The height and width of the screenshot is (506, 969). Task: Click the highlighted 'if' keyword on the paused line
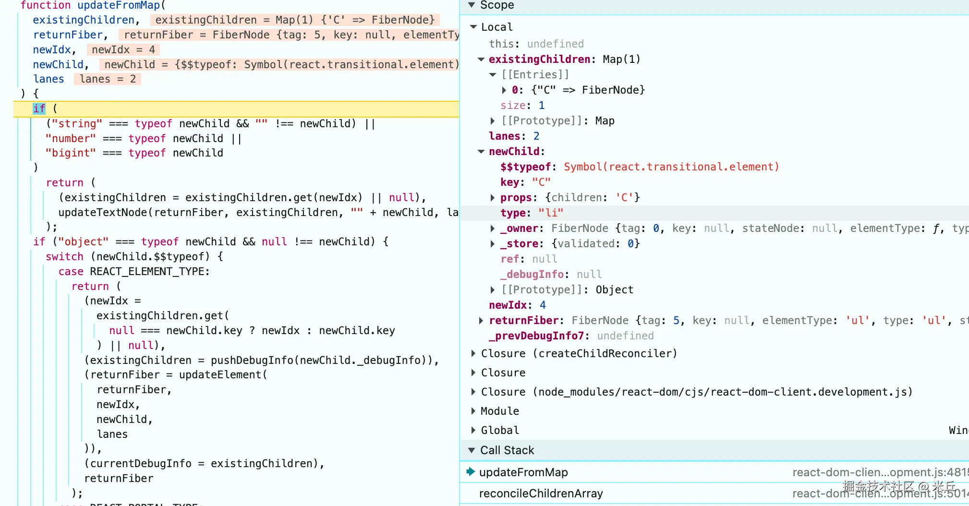pyautogui.click(x=39, y=109)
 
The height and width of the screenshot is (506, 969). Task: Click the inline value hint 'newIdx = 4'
pyautogui.click(x=123, y=49)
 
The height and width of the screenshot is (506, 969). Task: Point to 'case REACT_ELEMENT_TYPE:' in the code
pyautogui.click(x=134, y=271)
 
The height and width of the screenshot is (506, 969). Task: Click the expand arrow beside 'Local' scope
pyautogui.click(x=473, y=27)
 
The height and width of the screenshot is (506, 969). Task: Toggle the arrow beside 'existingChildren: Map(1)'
pyautogui.click(x=481, y=59)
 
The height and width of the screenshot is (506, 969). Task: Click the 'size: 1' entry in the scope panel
pyautogui.click(x=522, y=105)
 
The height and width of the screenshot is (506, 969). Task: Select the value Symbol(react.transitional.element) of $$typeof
pyautogui.click(x=671, y=167)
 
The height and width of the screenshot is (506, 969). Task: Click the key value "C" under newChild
pyautogui.click(x=541, y=182)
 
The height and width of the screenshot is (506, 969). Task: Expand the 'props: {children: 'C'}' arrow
pyautogui.click(x=493, y=197)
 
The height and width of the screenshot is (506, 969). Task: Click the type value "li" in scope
pyautogui.click(x=551, y=213)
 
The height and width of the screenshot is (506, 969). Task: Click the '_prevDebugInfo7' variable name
pyautogui.click(x=536, y=336)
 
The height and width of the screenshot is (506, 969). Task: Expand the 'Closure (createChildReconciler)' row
pyautogui.click(x=473, y=353)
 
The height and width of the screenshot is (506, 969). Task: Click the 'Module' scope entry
pyautogui.click(x=500, y=411)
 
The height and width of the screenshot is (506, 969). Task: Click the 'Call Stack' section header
pyautogui.click(x=507, y=450)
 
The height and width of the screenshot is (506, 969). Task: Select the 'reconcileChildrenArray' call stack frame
pyautogui.click(x=541, y=494)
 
